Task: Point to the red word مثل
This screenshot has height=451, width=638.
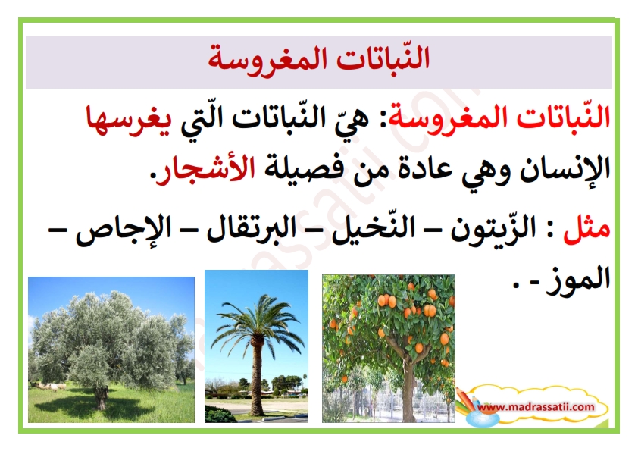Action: pyautogui.click(x=586, y=229)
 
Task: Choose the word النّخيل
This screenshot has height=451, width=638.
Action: pyautogui.click(x=374, y=229)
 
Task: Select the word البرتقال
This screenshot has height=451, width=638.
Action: pyautogui.click(x=251, y=229)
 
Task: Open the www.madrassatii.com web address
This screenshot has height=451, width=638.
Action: pyautogui.click(x=536, y=406)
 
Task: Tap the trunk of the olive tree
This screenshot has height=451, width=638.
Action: pyautogui.click(x=101, y=396)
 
